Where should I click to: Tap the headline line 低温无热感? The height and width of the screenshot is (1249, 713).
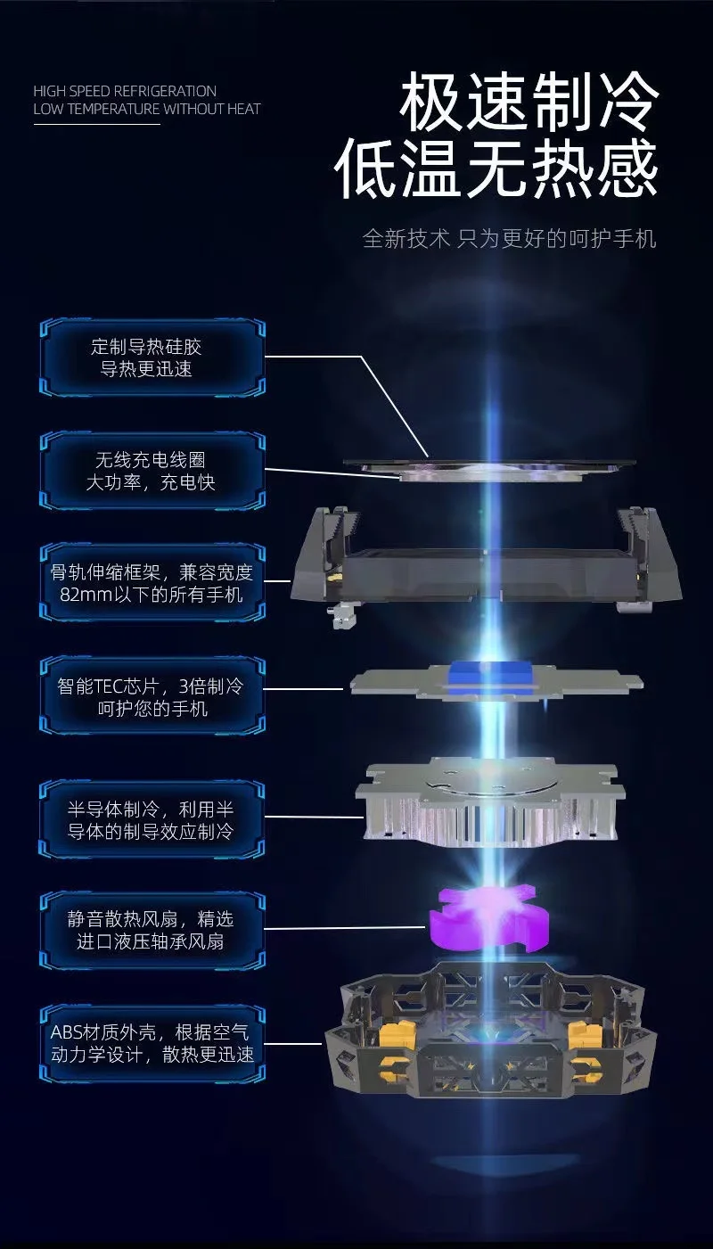point(497,168)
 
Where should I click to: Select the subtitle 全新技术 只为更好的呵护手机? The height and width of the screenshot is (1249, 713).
point(509,239)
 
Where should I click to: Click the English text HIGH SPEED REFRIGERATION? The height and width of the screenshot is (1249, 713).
point(125,91)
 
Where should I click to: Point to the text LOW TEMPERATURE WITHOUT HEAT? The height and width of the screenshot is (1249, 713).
point(147,109)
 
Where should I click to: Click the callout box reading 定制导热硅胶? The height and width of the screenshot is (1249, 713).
point(152,357)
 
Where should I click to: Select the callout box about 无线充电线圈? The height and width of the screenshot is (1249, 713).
point(152,472)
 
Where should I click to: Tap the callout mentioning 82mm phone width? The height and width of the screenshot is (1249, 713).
point(152,583)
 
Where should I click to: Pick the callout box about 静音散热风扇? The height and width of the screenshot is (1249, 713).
point(152,930)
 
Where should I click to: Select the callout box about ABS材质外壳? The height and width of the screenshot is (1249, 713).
point(152,1044)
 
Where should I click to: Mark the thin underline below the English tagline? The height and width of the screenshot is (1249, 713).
point(96,124)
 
